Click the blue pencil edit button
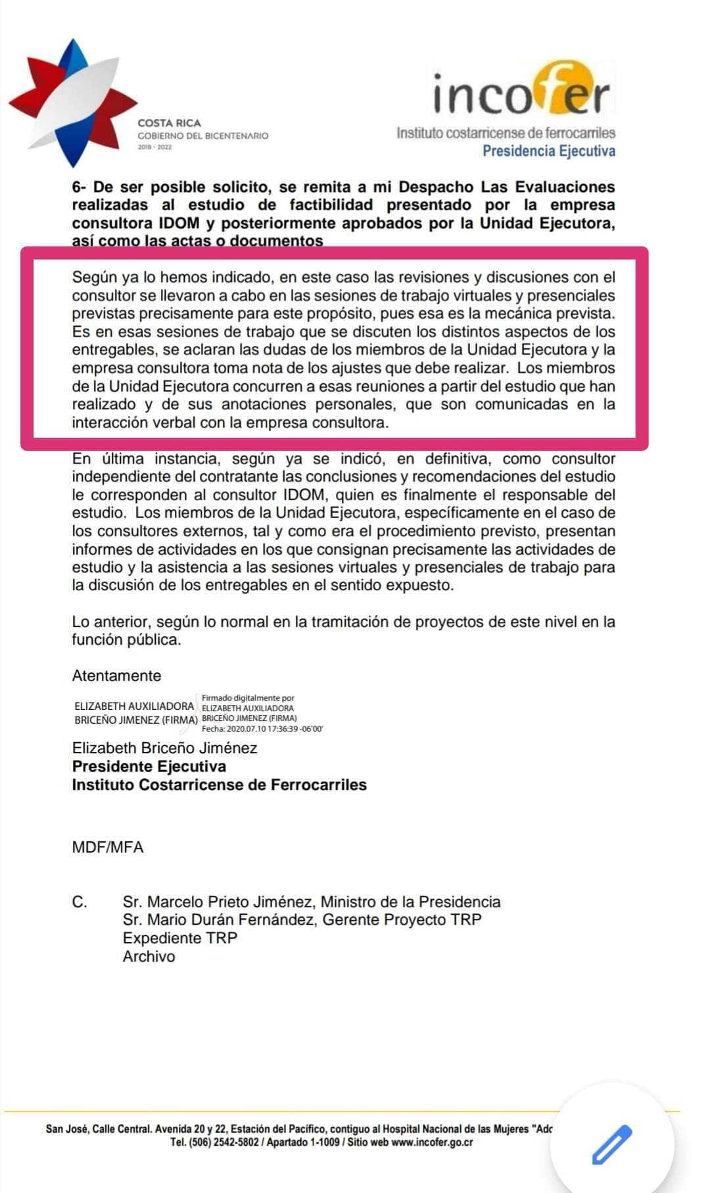click(x=612, y=1144)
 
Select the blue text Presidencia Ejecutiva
click(x=549, y=151)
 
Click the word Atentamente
click(x=116, y=676)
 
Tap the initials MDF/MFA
click(x=108, y=847)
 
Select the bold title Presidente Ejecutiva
click(x=149, y=766)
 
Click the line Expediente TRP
click(x=179, y=938)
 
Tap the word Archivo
click(x=149, y=956)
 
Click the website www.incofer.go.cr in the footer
click(x=432, y=1142)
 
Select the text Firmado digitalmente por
click(x=248, y=698)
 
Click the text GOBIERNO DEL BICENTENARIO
click(x=203, y=135)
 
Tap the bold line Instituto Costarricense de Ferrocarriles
click(x=219, y=785)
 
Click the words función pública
click(x=126, y=640)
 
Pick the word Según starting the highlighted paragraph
click(x=93, y=277)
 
